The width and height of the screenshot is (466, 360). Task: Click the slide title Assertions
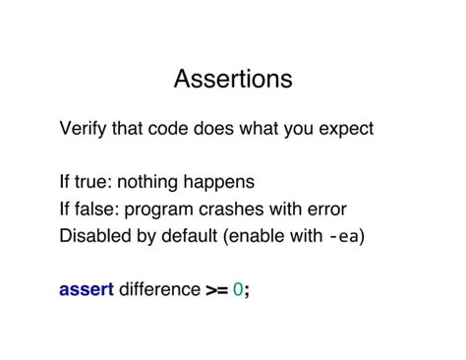tap(233, 78)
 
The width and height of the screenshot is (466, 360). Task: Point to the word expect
tap(345, 130)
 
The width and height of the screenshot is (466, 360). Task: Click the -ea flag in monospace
tap(344, 236)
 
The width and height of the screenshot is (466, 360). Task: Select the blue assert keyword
tap(87, 289)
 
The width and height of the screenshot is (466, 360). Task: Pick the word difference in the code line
tap(159, 289)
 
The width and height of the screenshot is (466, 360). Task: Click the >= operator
tap(216, 289)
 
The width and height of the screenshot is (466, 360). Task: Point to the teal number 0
tap(238, 289)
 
